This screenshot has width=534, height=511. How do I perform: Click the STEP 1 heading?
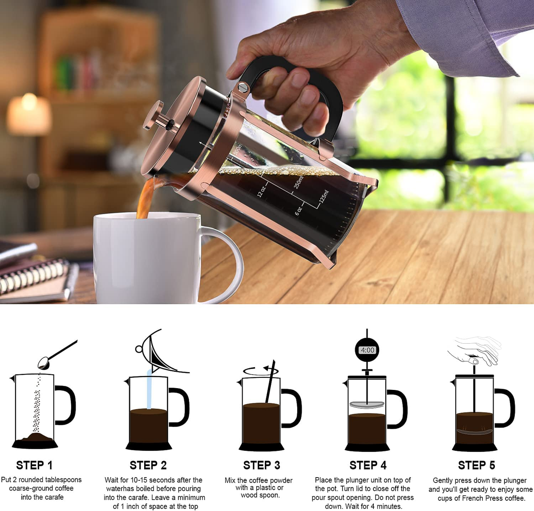(x=34, y=465)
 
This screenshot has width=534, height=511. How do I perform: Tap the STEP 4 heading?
(x=368, y=465)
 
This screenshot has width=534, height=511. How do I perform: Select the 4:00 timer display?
(x=368, y=350)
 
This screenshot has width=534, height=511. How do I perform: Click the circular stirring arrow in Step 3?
(x=261, y=370)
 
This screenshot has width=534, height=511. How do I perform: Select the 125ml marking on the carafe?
(x=324, y=196)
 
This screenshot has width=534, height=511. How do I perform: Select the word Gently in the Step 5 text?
(x=444, y=480)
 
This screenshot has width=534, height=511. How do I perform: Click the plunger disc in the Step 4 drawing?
(x=367, y=405)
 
